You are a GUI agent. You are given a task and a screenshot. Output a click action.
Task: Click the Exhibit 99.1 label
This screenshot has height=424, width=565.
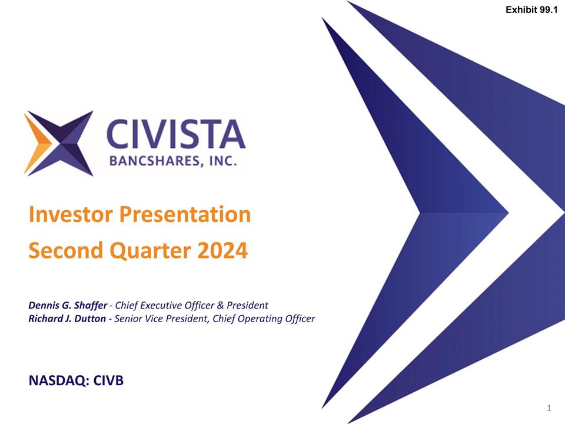click(531, 9)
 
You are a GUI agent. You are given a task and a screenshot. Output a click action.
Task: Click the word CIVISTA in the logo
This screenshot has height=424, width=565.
click(175, 134)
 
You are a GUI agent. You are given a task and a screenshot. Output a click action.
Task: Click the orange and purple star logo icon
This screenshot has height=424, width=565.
click(58, 143)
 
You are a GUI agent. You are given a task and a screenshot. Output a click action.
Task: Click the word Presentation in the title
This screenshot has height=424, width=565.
click(185, 215)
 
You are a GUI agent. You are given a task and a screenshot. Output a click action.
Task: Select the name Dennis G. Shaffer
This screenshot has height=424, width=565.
click(67, 305)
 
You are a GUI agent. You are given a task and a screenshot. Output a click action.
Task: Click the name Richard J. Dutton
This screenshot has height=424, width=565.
click(67, 319)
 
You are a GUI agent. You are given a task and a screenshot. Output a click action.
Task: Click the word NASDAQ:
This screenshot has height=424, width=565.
click(59, 382)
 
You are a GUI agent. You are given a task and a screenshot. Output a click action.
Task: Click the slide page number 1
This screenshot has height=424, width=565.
click(548, 408)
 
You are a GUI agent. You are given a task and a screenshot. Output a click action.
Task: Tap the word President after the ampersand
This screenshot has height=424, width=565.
click(248, 305)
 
